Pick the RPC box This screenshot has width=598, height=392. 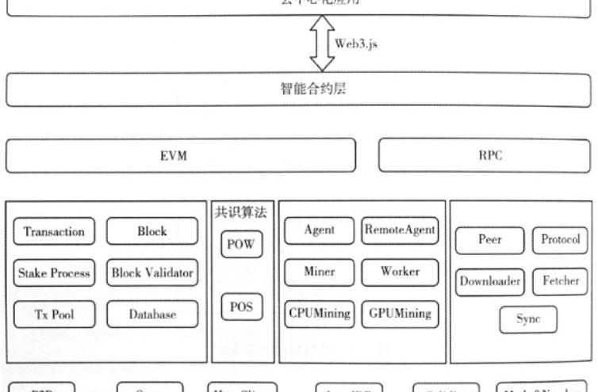pos(486,156)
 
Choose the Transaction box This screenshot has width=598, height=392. pos(55,232)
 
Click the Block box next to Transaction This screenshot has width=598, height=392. pos(151,232)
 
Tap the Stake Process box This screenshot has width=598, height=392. pos(55,273)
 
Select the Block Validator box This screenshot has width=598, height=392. pos(151,273)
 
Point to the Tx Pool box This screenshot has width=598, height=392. pos(55,314)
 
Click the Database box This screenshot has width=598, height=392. pos(151,314)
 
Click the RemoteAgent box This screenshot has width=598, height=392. pos(399,230)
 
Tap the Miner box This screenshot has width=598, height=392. pos(317,272)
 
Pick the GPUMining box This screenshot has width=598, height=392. pos(399,313)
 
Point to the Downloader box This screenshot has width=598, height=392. pos(489,280)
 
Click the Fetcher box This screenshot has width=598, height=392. pos(561,280)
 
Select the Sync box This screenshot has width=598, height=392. pos(527,319)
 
